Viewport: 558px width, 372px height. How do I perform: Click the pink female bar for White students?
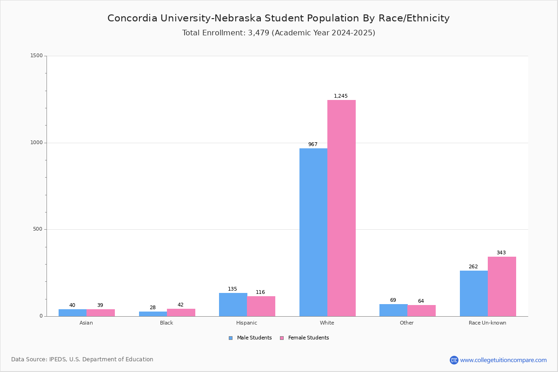[x=341, y=208]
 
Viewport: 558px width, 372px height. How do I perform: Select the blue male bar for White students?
[x=313, y=232]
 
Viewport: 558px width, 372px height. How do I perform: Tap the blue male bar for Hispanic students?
[x=233, y=305]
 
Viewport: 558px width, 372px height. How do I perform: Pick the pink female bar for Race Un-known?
[x=502, y=286]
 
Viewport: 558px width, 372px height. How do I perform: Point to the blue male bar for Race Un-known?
[x=474, y=293]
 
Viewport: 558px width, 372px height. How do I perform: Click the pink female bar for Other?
[x=421, y=311]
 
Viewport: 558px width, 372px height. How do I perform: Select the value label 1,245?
[x=340, y=96]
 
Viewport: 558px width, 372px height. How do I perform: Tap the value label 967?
[x=312, y=144]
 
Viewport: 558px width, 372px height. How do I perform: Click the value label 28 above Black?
[x=153, y=307]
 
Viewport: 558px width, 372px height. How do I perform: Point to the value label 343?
[x=501, y=252]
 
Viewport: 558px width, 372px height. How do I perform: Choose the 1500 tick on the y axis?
[x=37, y=55]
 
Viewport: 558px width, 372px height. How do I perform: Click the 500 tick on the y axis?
[x=38, y=229]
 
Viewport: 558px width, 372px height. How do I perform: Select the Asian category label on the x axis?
[x=86, y=323]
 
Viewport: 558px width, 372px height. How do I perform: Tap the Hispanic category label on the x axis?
[x=246, y=323]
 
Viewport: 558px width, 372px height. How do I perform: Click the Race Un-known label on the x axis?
[x=487, y=323]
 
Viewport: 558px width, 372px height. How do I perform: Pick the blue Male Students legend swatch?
[x=231, y=338]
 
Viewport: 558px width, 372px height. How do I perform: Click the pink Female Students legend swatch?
[x=282, y=338]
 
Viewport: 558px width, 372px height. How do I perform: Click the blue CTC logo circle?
[x=454, y=360]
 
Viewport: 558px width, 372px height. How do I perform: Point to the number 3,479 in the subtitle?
[x=259, y=33]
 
